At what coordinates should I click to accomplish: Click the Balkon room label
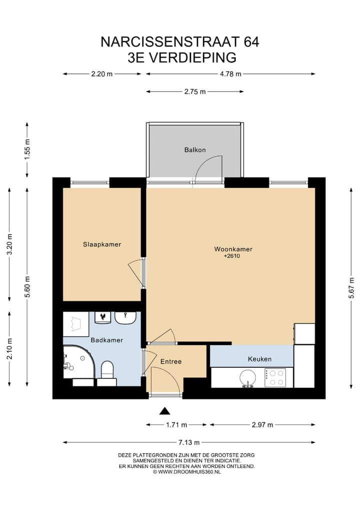coord(195,150)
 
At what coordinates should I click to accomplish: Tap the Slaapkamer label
coord(102,244)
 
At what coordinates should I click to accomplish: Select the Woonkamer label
coord(233,249)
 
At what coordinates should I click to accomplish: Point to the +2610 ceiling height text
coord(232,256)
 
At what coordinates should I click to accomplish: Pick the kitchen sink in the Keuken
coord(247,378)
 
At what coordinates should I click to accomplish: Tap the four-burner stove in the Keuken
coord(275,378)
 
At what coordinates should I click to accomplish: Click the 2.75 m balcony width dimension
coord(195,92)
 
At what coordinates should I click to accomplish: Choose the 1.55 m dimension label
coord(27,150)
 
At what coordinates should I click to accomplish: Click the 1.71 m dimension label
coord(176,425)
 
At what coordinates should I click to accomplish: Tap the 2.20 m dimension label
coord(101,74)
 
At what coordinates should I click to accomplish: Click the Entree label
coord(171,361)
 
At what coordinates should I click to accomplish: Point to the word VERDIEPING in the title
coord(193,58)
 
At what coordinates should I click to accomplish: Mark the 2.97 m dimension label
coord(262,425)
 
